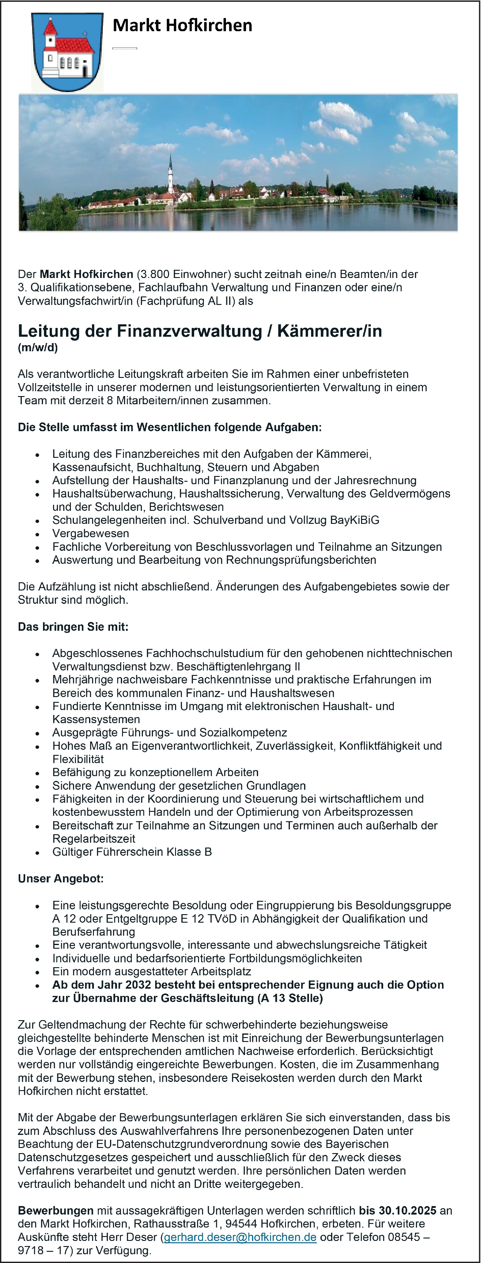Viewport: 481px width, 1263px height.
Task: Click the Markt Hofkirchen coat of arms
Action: [x=68, y=52]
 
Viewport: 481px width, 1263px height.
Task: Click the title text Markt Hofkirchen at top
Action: [x=182, y=25]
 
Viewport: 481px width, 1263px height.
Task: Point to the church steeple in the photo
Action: [x=170, y=172]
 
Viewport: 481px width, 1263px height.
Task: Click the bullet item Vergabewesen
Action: [x=91, y=534]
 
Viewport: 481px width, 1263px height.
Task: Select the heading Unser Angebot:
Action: [x=61, y=879]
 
